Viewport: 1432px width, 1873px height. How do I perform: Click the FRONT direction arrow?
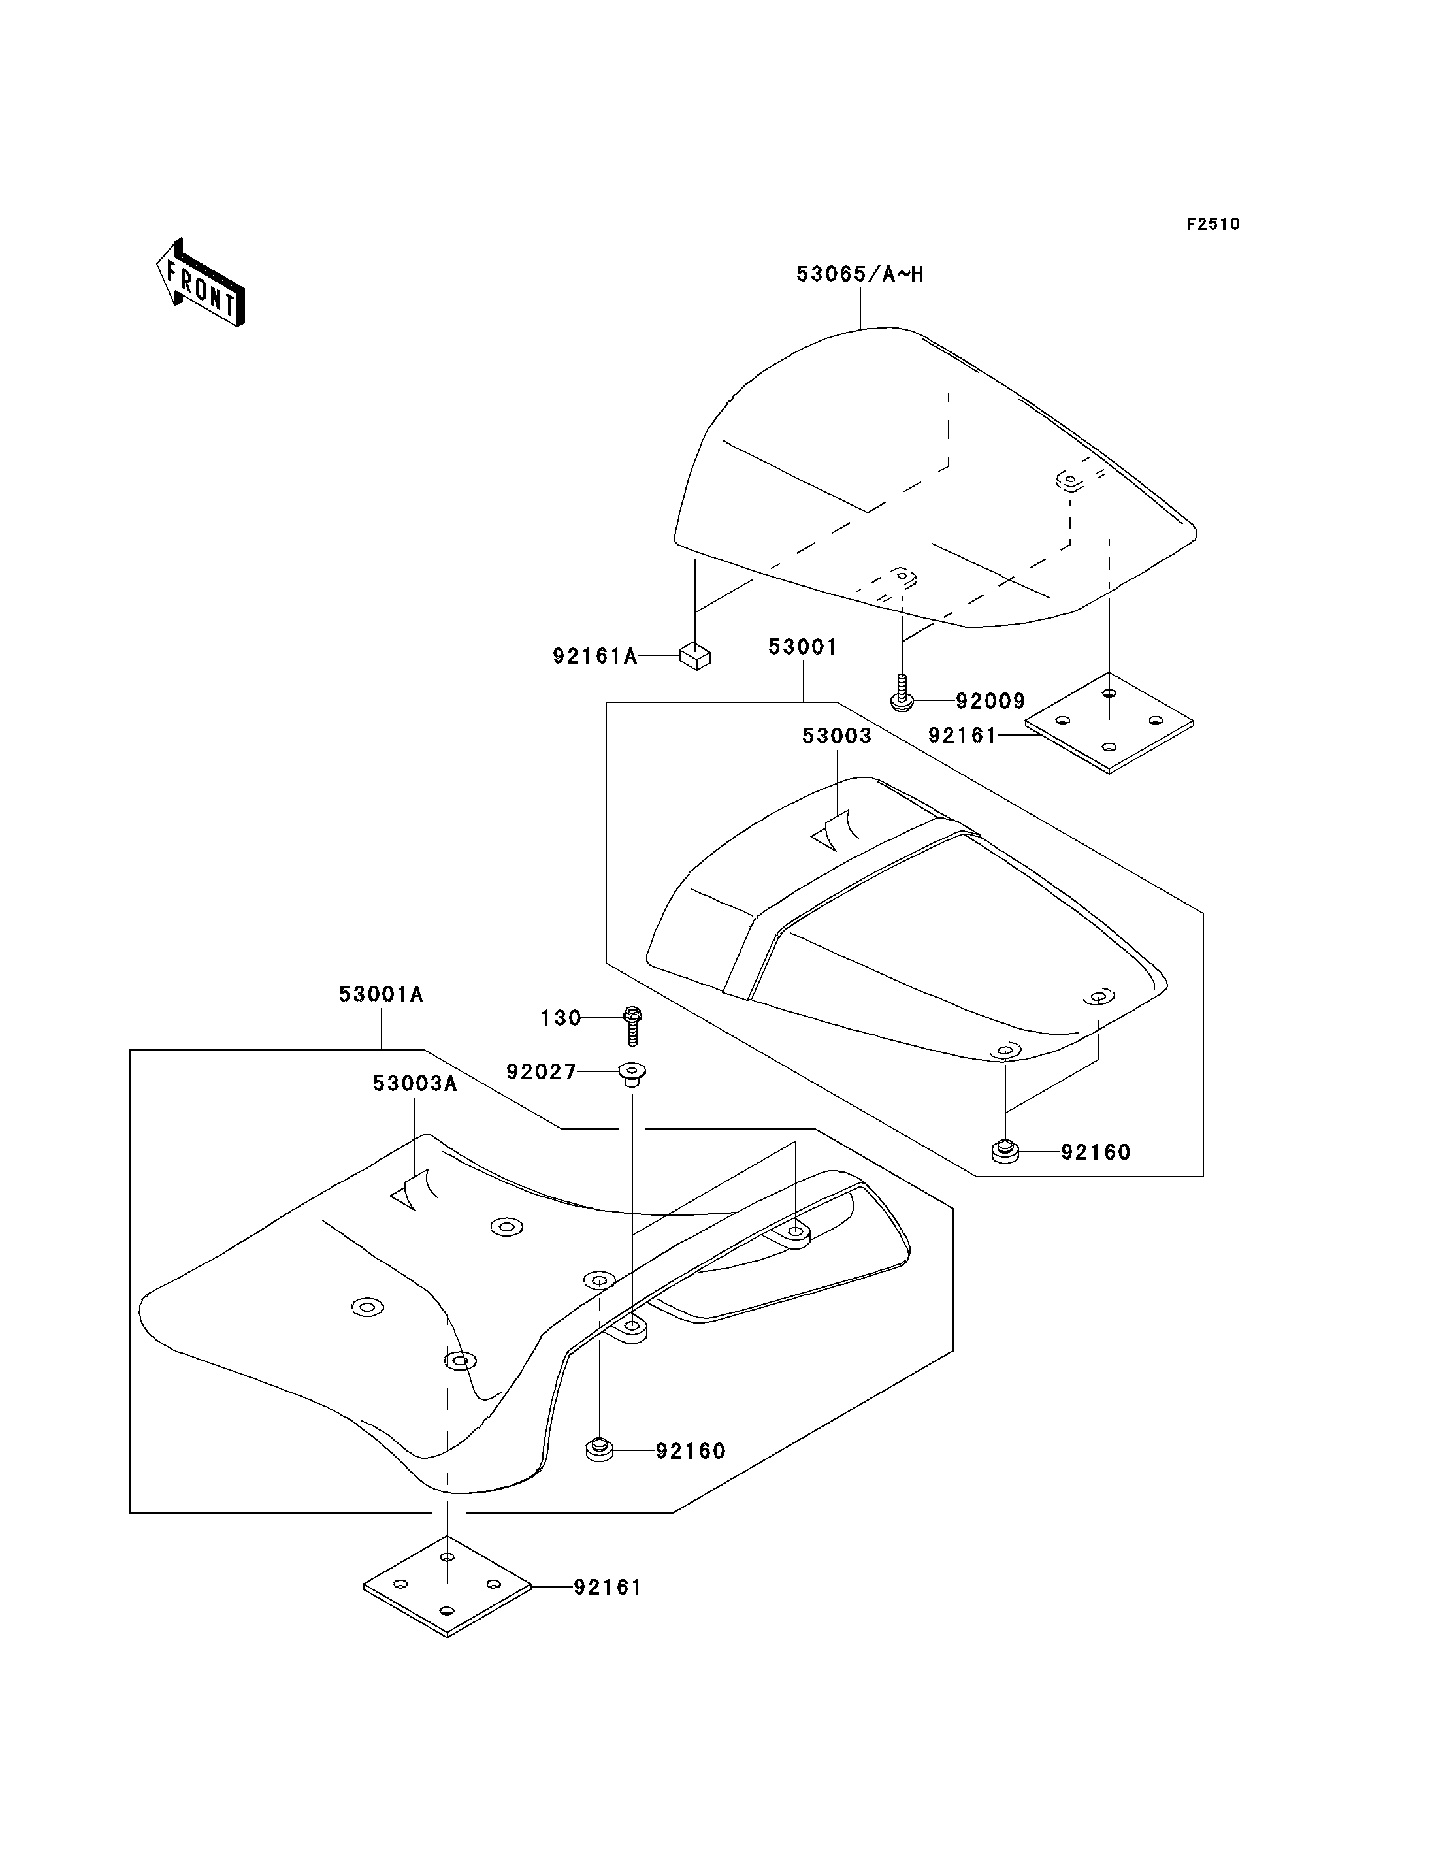(x=201, y=284)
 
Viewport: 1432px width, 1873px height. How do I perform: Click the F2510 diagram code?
(x=1213, y=224)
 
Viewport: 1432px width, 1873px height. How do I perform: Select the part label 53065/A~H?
(x=860, y=274)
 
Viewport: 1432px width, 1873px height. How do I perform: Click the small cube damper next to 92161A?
(x=696, y=657)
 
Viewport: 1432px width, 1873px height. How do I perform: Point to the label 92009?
(x=990, y=701)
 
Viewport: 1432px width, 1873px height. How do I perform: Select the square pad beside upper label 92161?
(x=1109, y=723)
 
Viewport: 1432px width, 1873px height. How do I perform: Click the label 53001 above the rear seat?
(x=803, y=647)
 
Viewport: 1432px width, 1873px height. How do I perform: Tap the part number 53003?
(x=837, y=736)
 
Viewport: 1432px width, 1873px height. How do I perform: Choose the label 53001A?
(x=381, y=994)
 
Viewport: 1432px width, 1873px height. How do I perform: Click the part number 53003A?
(x=415, y=1084)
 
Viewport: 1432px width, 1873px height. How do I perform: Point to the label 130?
(x=561, y=1018)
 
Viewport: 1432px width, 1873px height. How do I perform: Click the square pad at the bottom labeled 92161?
(x=447, y=1587)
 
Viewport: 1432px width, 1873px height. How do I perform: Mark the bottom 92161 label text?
(x=608, y=1588)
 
